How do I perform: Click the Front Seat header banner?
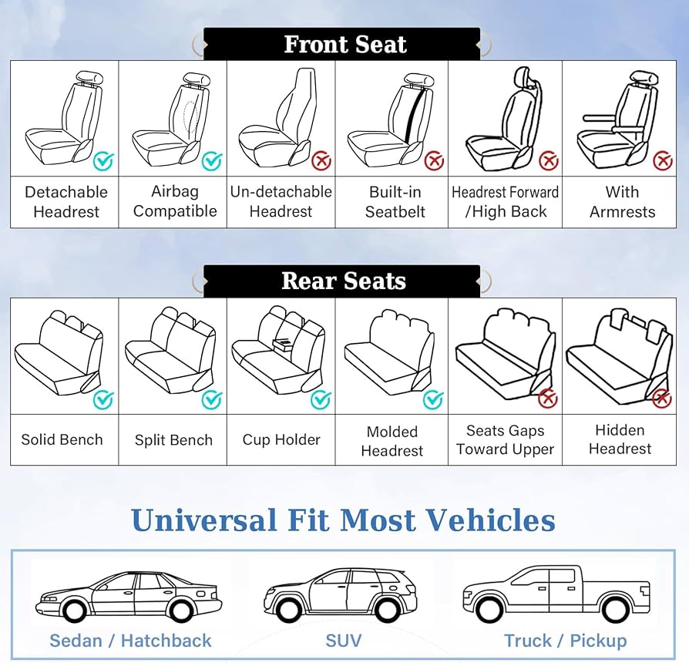pos(344,45)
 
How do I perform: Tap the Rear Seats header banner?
pos(344,281)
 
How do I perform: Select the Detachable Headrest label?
pos(66,202)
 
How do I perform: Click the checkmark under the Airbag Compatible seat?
pos(211,161)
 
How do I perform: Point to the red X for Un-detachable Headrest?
pos(321,161)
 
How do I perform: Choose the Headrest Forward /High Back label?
pos(506,202)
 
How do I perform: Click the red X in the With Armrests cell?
pos(663,161)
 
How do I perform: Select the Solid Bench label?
pos(62,440)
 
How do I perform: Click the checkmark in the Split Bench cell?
pos(211,399)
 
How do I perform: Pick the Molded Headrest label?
pos(392,441)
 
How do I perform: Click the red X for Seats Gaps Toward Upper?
pos(548,398)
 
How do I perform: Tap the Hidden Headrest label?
pos(620,439)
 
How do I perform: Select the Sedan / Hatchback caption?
pos(130,641)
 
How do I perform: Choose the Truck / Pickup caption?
pos(565,641)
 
